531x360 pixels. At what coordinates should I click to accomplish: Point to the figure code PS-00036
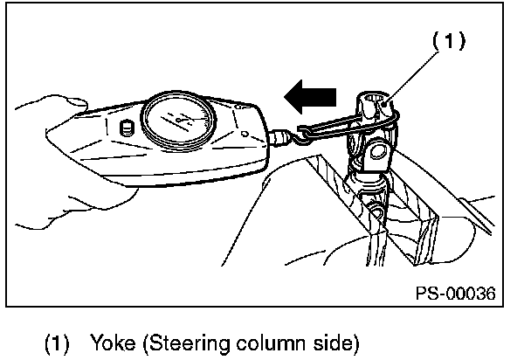tap(453, 293)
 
